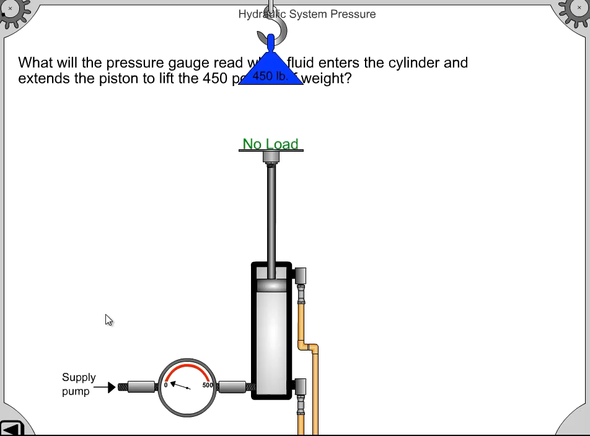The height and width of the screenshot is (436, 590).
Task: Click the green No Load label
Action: pos(270,144)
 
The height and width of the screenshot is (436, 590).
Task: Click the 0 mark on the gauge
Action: pos(165,385)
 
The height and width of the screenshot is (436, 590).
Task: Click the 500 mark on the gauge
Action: pos(207,385)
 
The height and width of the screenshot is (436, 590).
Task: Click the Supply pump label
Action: pos(79,384)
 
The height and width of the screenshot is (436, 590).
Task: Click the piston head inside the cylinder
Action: pos(271,285)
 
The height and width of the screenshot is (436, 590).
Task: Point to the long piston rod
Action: pos(271,211)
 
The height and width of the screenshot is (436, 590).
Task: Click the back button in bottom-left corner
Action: pos(11,428)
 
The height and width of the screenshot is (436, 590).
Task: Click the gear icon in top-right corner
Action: pos(576,11)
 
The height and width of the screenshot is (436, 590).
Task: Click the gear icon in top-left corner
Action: pos(12,11)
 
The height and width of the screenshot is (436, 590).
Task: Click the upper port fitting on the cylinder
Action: pos(300,277)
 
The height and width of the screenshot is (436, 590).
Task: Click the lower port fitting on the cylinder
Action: pos(300,388)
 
